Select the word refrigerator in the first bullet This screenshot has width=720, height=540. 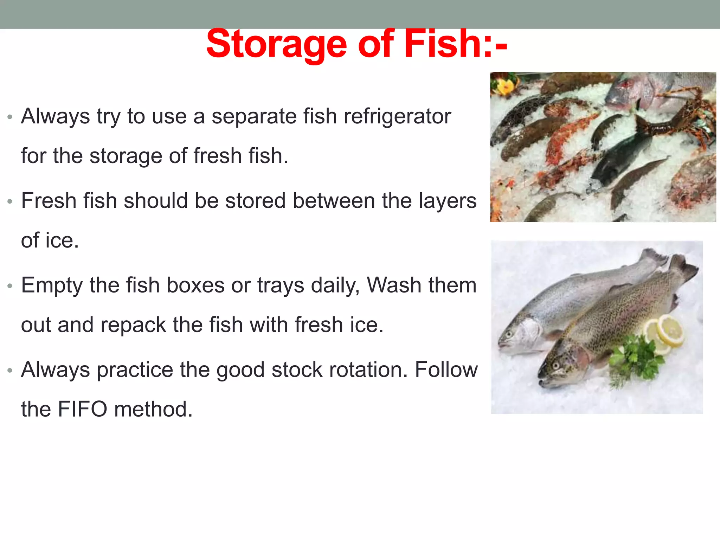point(397,116)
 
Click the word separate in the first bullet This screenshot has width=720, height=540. point(254,117)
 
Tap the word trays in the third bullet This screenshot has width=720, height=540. point(281,286)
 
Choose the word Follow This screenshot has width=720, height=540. point(446,370)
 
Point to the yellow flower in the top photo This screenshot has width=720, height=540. point(506,86)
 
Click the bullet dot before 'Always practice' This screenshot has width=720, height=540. point(10,370)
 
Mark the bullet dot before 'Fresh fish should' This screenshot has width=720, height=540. point(10,201)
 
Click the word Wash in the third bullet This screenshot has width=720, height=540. point(389,285)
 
